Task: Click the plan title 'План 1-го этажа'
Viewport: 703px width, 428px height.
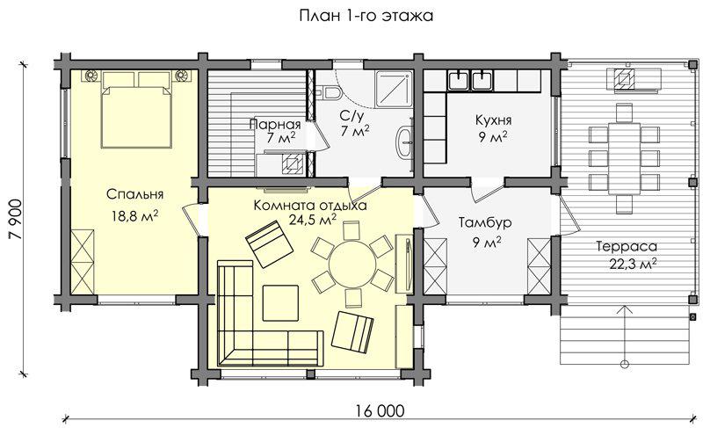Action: pos(366,16)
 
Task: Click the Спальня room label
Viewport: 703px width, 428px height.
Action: pos(135,194)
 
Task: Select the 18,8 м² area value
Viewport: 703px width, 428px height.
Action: pos(135,216)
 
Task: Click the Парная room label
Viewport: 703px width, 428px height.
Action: pos(274,124)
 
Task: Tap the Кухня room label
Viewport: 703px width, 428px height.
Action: pos(493,120)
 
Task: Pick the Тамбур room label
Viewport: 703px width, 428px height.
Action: pos(485,222)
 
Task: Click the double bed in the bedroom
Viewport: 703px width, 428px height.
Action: pos(136,109)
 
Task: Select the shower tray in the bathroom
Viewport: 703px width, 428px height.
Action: pos(394,89)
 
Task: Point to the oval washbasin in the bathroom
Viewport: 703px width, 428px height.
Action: pos(405,142)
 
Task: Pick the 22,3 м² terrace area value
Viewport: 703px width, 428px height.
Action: pos(633,264)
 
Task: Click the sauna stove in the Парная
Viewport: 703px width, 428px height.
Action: pos(293,165)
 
